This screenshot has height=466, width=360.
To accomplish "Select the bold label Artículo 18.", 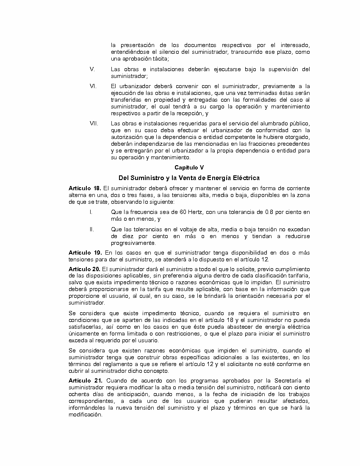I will (85, 188).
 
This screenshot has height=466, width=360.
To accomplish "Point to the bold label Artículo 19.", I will (85, 253).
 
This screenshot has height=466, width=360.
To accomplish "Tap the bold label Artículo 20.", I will (85, 269).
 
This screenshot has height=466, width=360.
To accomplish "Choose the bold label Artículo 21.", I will (85, 381).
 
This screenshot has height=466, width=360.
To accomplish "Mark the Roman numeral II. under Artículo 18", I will (91, 230).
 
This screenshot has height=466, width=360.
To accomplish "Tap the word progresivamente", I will (133, 243).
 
